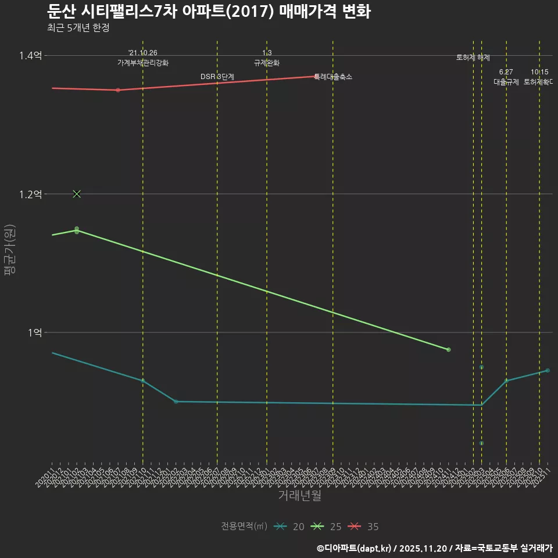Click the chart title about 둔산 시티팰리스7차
(x=208, y=12)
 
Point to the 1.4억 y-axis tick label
(x=30, y=56)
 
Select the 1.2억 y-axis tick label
(x=30, y=194)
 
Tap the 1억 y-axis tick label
(x=34, y=332)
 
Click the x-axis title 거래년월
(x=299, y=496)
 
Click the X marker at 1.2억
(x=77, y=194)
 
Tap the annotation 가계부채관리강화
(x=143, y=63)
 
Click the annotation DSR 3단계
(x=217, y=77)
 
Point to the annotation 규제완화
(x=267, y=63)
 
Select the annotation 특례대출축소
(x=333, y=77)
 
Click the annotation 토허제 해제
(x=473, y=58)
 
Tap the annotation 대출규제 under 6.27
(x=506, y=82)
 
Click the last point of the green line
(x=449, y=349)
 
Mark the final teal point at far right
(x=548, y=370)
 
